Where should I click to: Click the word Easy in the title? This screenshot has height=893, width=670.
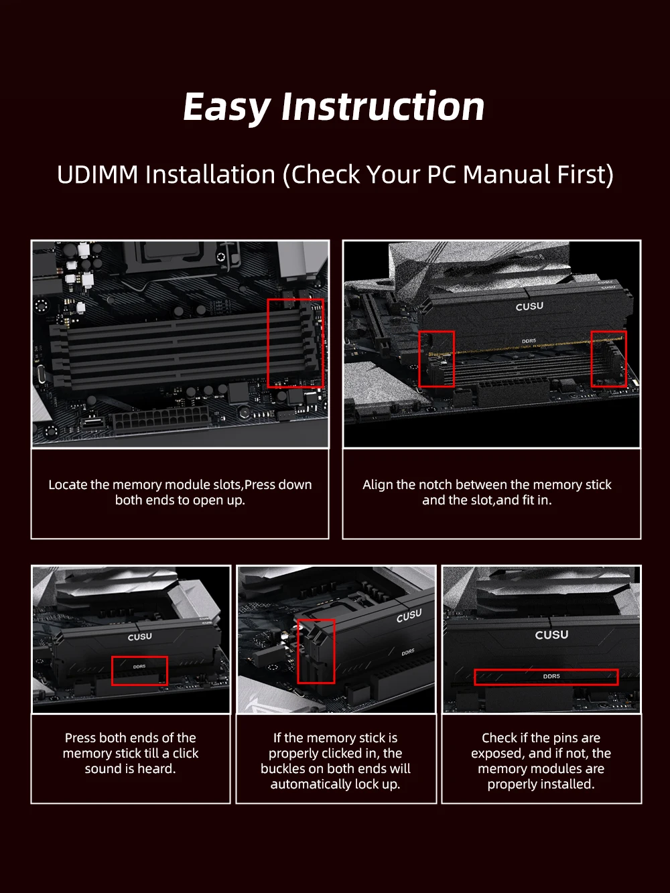(227, 107)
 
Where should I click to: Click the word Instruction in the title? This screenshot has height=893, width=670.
(383, 107)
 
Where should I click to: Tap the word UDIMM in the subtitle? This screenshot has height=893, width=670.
(98, 175)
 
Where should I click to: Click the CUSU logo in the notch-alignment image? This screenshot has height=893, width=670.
(529, 306)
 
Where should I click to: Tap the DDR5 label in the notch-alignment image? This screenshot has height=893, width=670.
(529, 341)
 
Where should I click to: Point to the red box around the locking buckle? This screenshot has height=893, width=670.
(297, 651)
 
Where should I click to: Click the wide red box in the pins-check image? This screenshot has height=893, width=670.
(546, 670)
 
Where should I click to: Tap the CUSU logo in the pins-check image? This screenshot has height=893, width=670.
(551, 634)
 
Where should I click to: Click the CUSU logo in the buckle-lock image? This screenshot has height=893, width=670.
(409, 616)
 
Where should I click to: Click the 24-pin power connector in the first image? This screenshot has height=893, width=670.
(161, 420)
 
